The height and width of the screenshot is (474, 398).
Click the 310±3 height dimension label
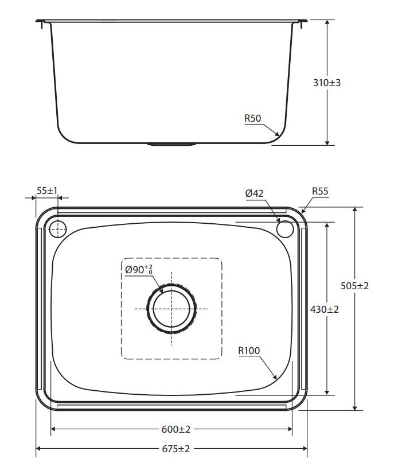click(327, 83)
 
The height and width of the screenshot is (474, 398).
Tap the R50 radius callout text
click(253, 118)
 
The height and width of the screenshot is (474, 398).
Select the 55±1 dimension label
click(47, 191)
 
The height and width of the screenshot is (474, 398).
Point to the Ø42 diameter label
click(254, 193)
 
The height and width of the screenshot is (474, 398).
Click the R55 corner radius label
click(320, 191)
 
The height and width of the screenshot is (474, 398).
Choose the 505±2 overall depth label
click(354, 286)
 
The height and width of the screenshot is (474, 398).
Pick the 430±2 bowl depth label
click(324, 309)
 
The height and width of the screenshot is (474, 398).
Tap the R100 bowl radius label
click(249, 351)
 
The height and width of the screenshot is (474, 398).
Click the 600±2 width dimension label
click(176, 429)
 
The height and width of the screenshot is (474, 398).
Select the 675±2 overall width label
click(176, 449)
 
